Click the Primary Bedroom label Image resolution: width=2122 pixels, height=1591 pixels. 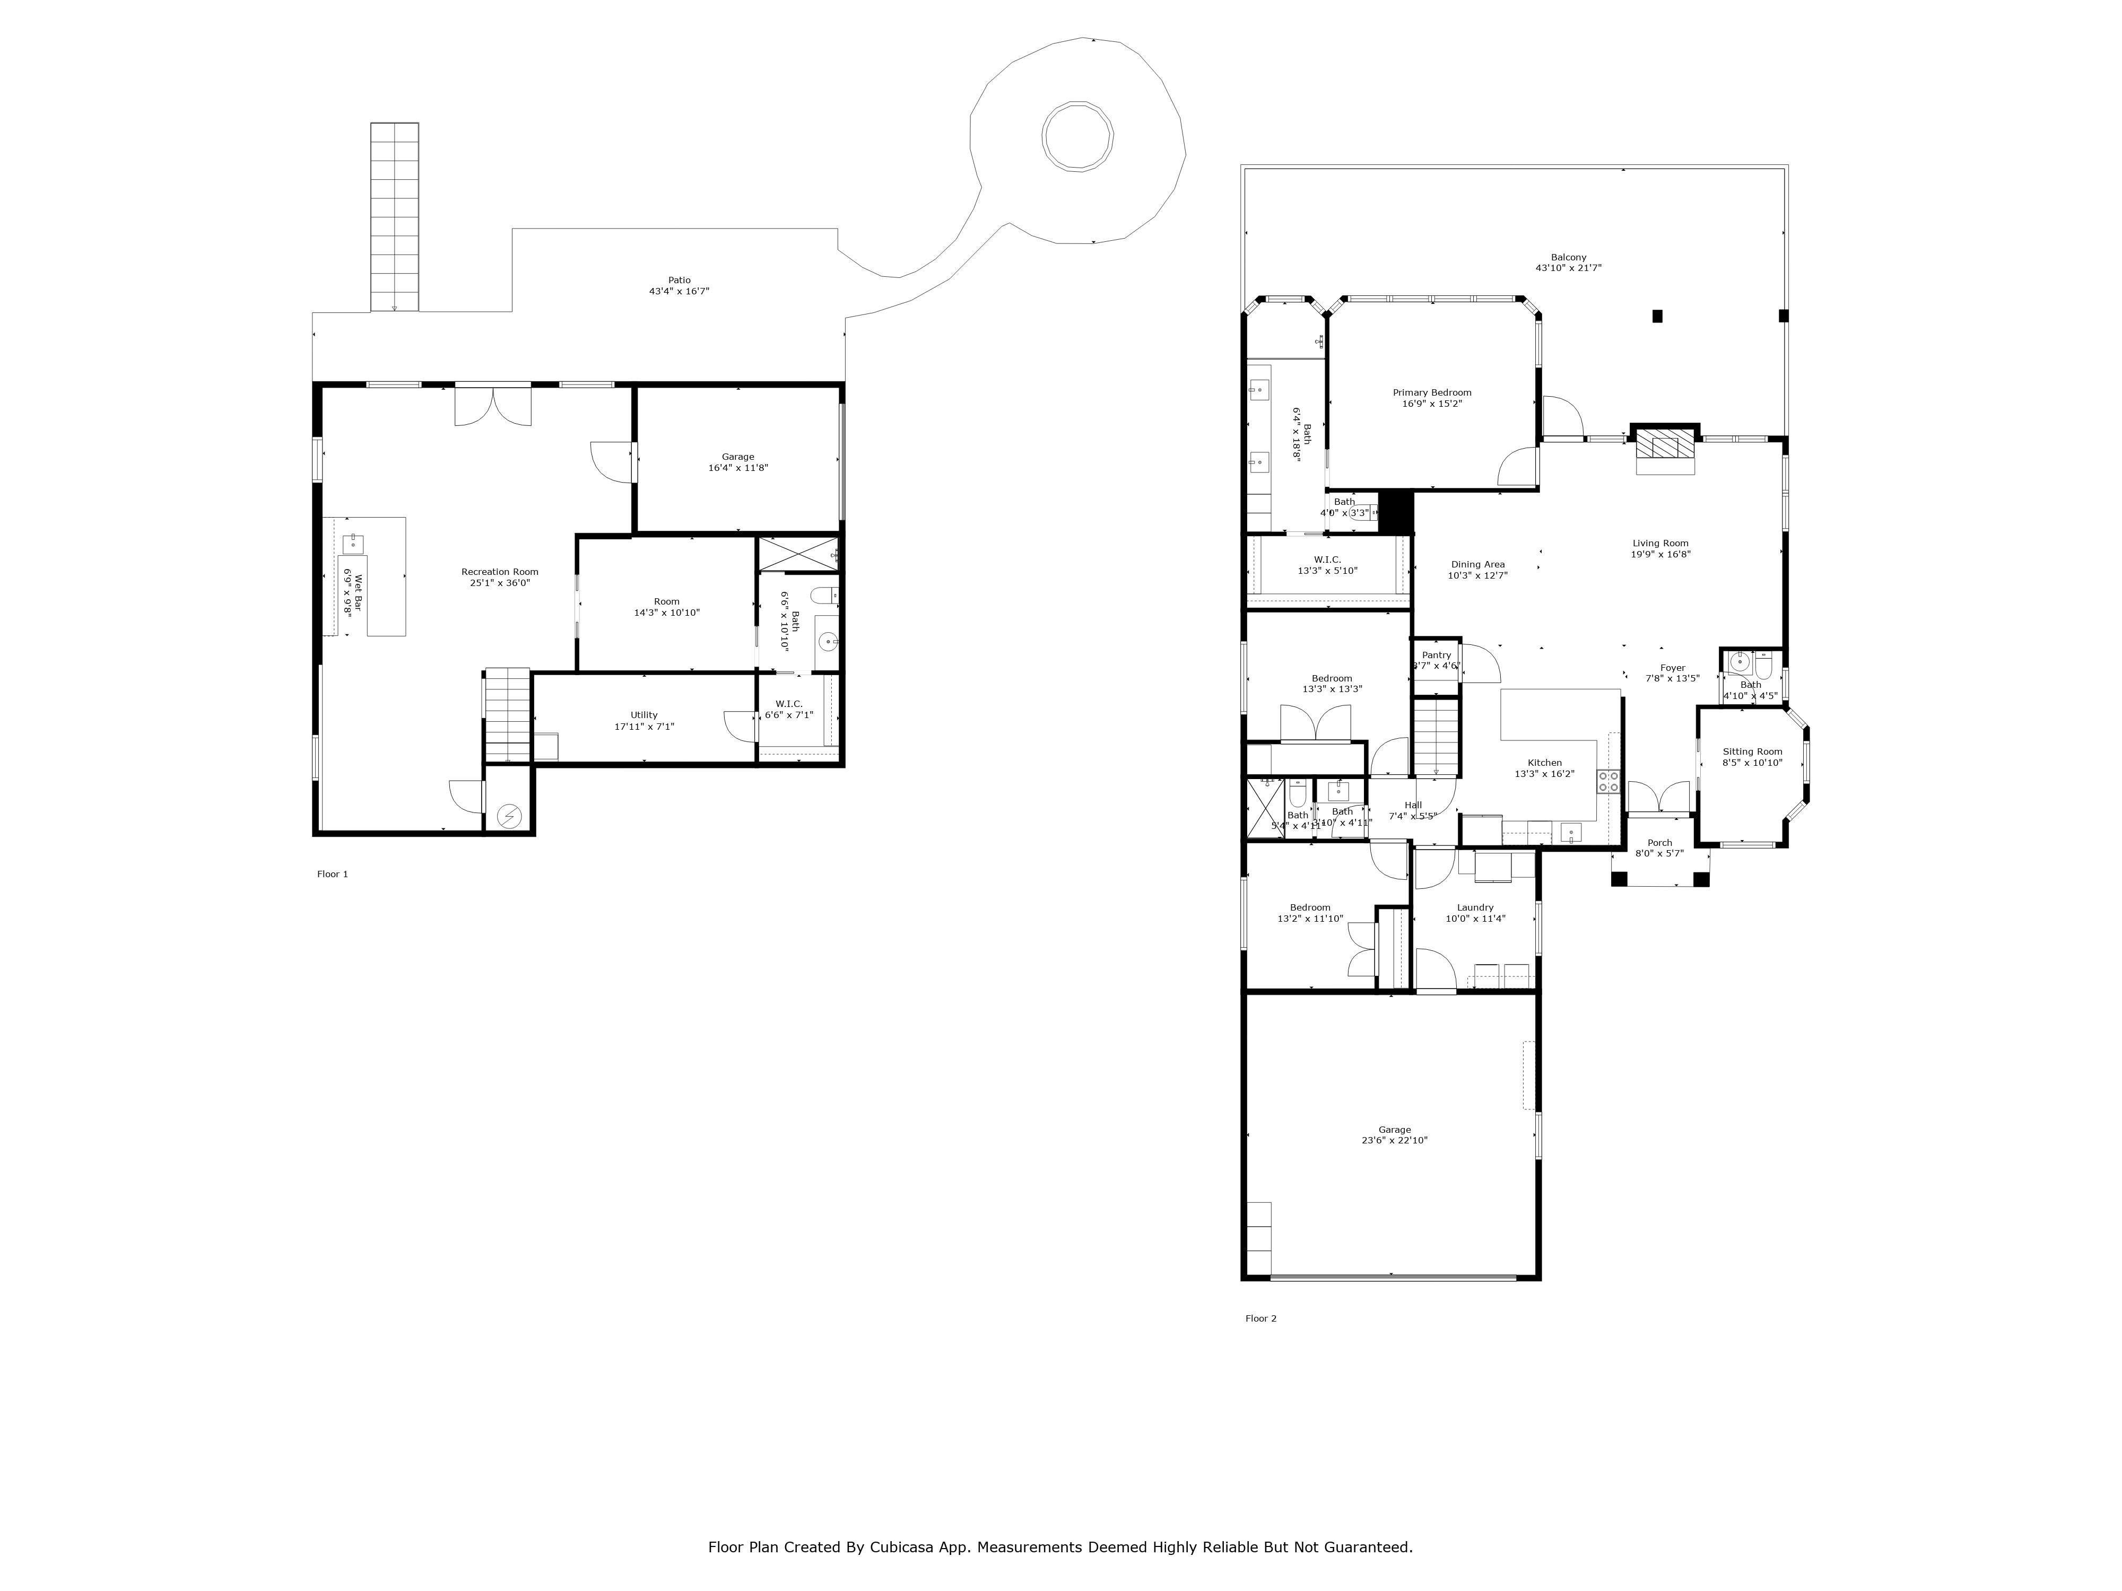click(x=1431, y=392)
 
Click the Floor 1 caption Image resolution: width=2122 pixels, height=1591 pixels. click(x=333, y=873)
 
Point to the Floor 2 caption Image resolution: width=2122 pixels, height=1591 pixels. click(x=1260, y=1318)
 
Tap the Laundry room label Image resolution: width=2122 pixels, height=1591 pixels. click(x=1474, y=907)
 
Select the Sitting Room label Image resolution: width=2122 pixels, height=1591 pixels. click(x=1752, y=752)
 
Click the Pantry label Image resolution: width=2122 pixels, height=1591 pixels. click(x=1436, y=655)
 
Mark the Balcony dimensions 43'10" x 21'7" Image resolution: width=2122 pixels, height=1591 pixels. click(x=1569, y=268)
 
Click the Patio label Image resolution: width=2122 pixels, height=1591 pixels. click(x=679, y=280)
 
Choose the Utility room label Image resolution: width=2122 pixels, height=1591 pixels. click(x=643, y=714)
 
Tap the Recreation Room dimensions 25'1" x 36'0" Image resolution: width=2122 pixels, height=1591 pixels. click(x=500, y=582)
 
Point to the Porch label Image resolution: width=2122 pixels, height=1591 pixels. click(x=1659, y=843)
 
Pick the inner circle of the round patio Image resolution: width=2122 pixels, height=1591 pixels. click(x=1079, y=136)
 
